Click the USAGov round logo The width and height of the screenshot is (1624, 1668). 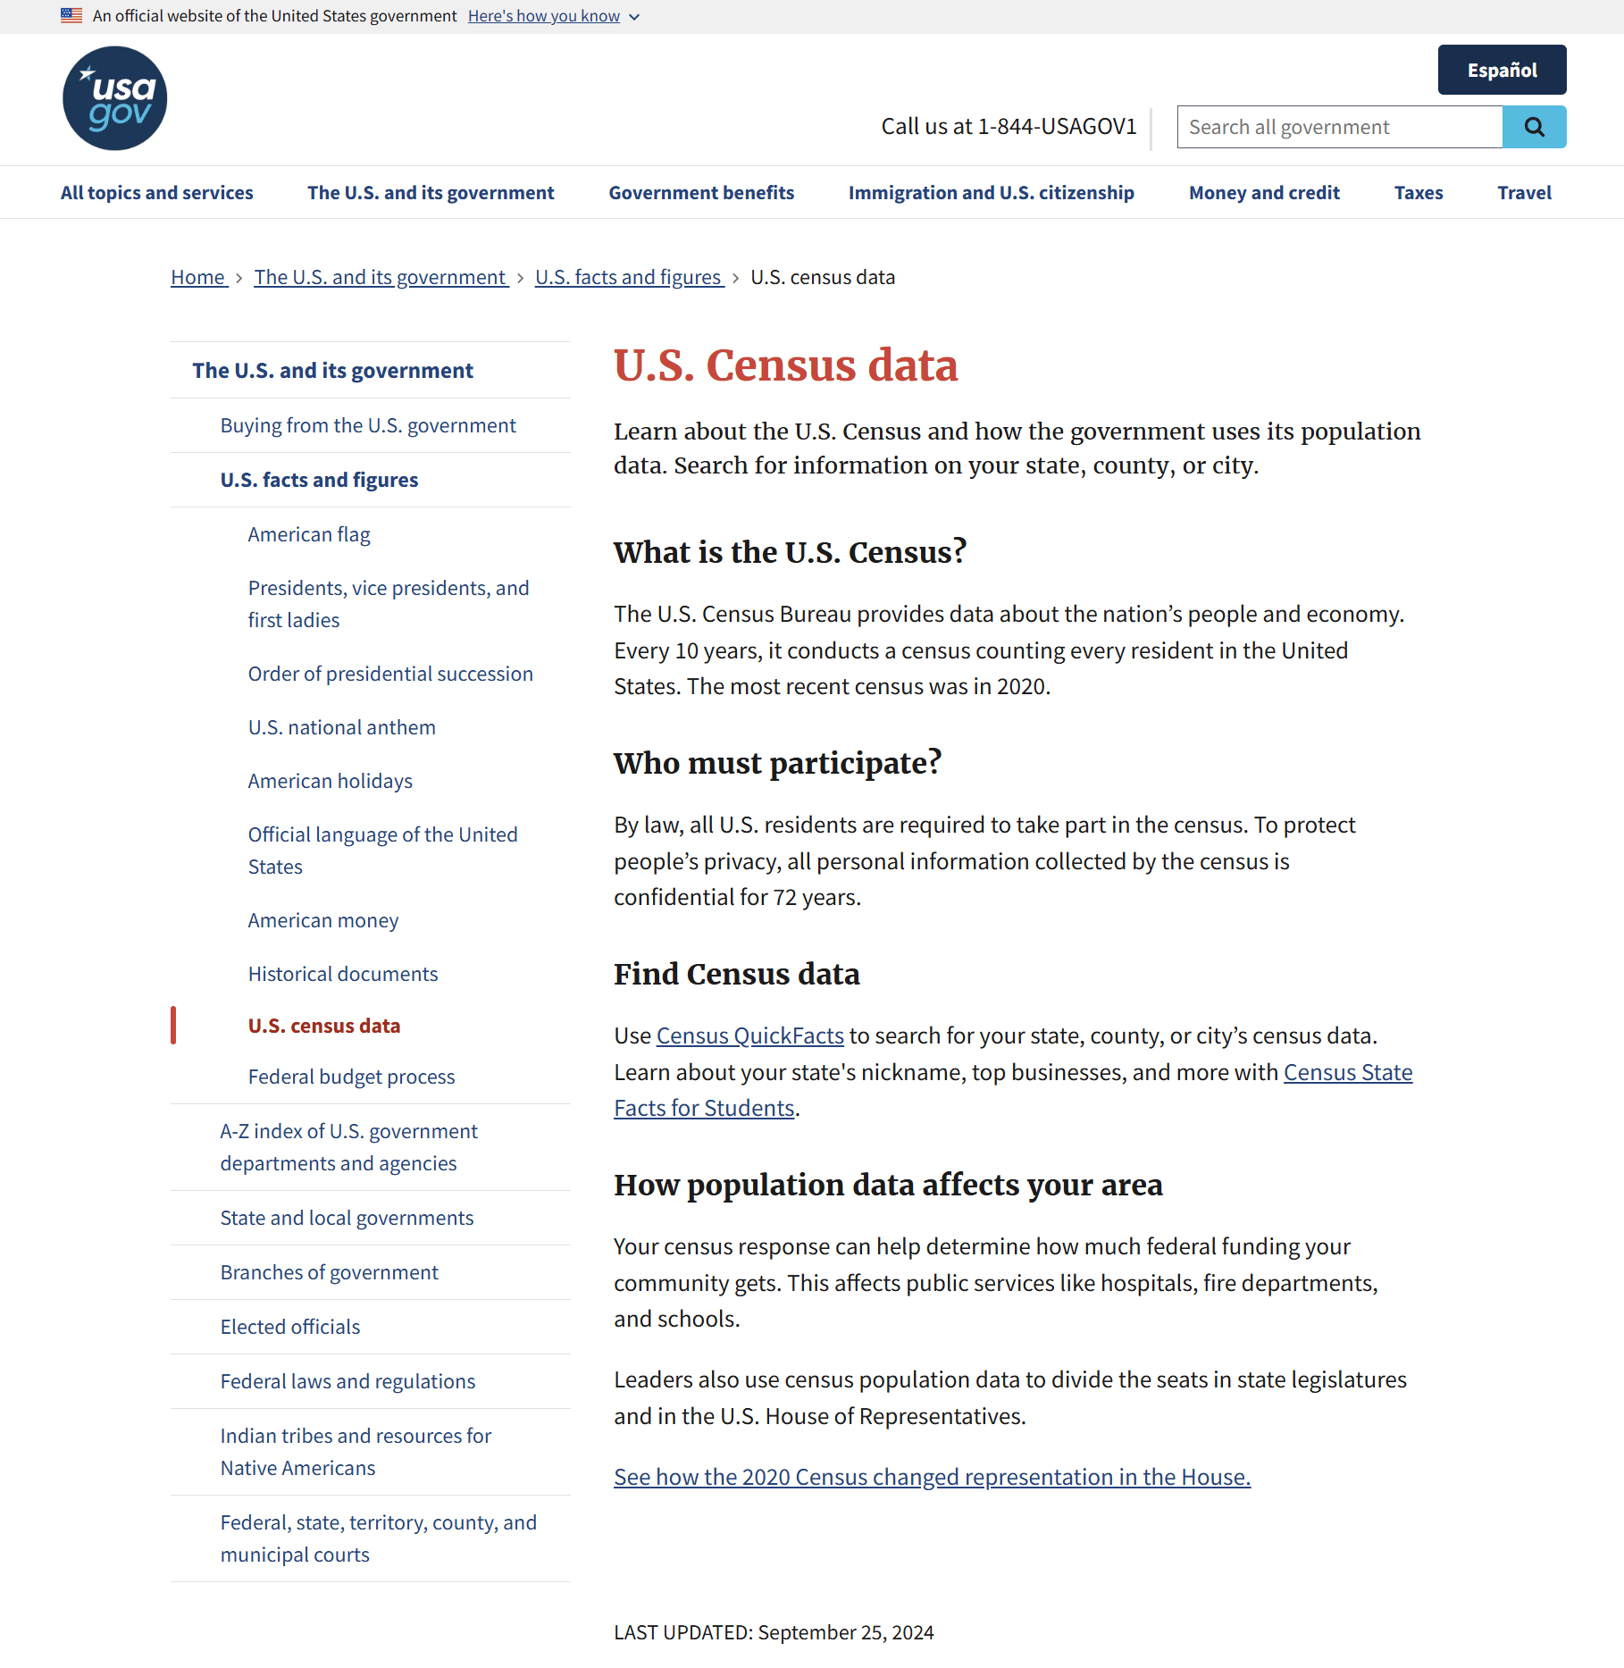pos(114,98)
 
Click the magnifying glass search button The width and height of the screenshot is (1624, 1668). pos(1534,127)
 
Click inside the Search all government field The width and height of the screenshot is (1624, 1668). pos(1339,127)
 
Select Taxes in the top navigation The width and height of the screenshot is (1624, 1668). pos(1418,193)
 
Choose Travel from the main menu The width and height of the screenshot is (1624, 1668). pos(1524,193)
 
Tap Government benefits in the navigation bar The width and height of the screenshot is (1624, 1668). pos(701,193)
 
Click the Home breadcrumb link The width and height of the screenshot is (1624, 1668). pos(198,277)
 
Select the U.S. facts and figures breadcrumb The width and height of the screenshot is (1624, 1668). pos(628,277)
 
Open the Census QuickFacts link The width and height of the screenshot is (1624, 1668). pos(749,1035)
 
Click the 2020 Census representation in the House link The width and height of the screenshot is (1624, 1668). pos(932,1477)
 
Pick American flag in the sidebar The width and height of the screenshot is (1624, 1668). pos(309,534)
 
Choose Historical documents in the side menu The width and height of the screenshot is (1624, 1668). pos(343,974)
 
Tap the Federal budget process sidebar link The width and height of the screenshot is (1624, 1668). pos(351,1077)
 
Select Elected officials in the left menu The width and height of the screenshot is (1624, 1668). pos(290,1327)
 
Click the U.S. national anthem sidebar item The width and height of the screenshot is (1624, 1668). pos(341,727)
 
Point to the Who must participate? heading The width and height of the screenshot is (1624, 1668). pos(777,763)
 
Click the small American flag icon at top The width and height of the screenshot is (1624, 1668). pos(71,15)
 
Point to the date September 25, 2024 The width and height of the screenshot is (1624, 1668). pos(845,1632)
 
